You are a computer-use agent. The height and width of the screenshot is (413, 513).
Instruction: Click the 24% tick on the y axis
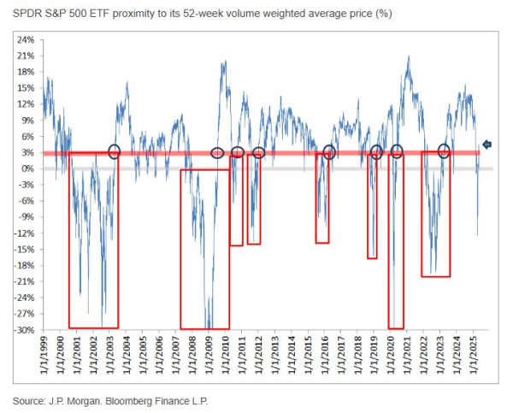click(x=25, y=40)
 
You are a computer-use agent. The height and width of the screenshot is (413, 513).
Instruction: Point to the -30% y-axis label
click(x=23, y=330)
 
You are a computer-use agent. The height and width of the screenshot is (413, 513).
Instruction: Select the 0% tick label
click(x=27, y=168)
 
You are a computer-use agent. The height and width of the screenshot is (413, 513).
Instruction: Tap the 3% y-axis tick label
click(x=27, y=152)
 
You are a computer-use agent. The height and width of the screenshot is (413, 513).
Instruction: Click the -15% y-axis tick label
click(x=23, y=250)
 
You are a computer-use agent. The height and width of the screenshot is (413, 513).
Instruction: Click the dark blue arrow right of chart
click(x=487, y=145)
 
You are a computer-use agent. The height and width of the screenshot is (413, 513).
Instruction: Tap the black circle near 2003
click(x=114, y=151)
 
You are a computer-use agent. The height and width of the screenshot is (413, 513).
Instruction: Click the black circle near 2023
click(x=444, y=151)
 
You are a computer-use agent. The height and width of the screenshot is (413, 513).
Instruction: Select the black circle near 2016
click(x=329, y=152)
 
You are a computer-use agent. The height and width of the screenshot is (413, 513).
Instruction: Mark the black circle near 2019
click(x=376, y=152)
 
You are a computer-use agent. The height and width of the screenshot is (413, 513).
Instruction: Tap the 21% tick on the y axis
click(x=25, y=56)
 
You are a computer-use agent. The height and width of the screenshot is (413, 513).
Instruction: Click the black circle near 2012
click(x=258, y=152)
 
